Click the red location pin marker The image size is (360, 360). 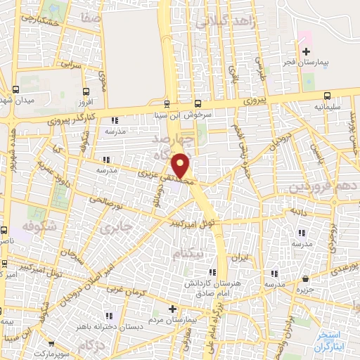coord(181,167)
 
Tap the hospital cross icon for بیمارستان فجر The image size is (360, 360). coord(305,51)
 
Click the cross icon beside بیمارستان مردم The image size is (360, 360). coord(173,308)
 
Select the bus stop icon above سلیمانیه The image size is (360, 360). coord(327,96)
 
